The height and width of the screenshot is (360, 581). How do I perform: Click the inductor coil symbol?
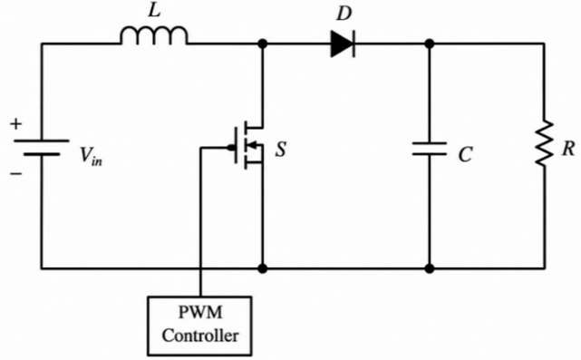pos(154,35)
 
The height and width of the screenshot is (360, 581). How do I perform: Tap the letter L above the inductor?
pos(154,11)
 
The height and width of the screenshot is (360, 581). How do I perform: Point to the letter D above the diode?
pos(344,15)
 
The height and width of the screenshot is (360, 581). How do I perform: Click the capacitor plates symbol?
pos(430,149)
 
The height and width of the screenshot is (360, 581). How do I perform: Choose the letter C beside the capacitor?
pos(465,154)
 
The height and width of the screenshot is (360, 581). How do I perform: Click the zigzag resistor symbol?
pos(544,142)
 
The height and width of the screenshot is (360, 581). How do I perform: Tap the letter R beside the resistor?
pos(568,149)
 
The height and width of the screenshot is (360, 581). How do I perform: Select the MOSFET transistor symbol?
pos(247,145)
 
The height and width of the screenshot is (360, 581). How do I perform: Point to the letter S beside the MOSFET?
pos(281,150)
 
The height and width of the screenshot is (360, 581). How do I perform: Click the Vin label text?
pos(92,157)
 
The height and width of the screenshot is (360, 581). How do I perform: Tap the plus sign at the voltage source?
pos(16,124)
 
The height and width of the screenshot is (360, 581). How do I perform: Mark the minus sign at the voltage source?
pos(16,173)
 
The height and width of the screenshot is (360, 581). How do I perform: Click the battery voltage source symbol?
pos(42,147)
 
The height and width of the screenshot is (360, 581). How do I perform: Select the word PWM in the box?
pos(200,312)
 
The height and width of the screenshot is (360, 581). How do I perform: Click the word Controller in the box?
pos(200,336)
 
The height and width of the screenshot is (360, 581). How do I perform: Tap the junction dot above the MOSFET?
pos(262,44)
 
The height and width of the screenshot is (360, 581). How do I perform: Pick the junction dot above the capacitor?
pos(430,44)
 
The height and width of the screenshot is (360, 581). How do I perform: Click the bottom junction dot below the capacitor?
pos(430,268)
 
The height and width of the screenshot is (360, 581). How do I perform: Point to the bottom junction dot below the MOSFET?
pos(262,268)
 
